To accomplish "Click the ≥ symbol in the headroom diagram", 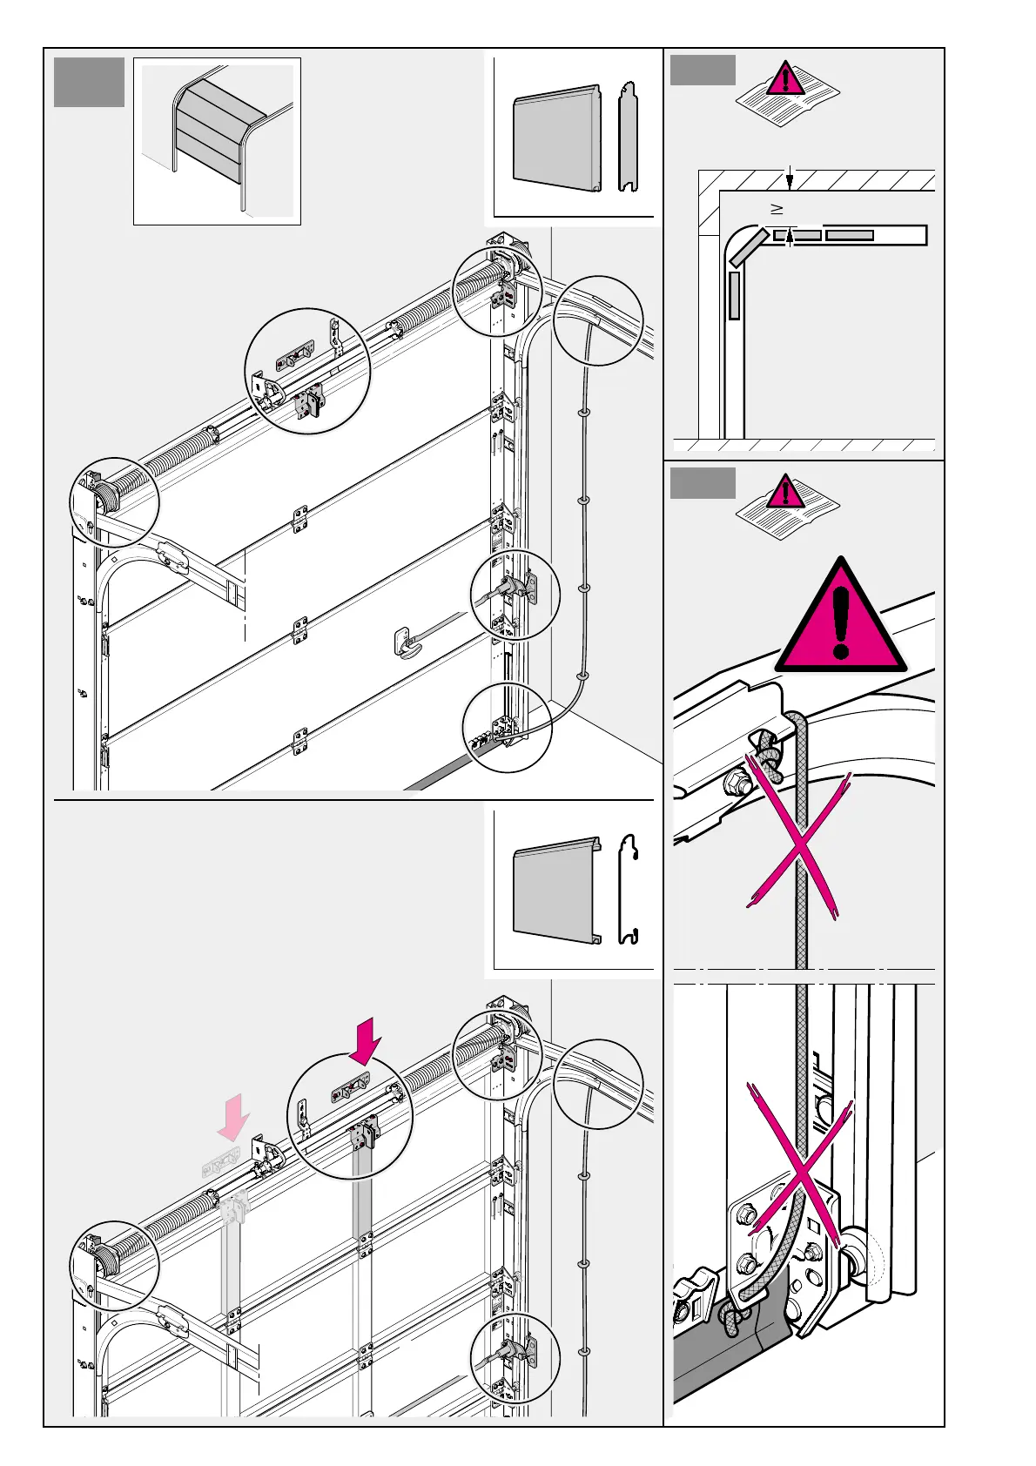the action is coord(777,209).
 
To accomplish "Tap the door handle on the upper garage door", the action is coord(407,642).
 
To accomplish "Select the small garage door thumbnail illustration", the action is coord(218,141).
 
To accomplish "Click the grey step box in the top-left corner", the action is coord(89,83).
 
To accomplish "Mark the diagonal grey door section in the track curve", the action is coord(749,247).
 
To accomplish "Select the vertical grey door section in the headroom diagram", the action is coord(734,295).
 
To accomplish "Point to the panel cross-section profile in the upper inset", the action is coord(628,137).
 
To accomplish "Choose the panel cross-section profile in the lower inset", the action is coord(629,890).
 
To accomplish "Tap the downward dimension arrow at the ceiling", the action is coord(790,179).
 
